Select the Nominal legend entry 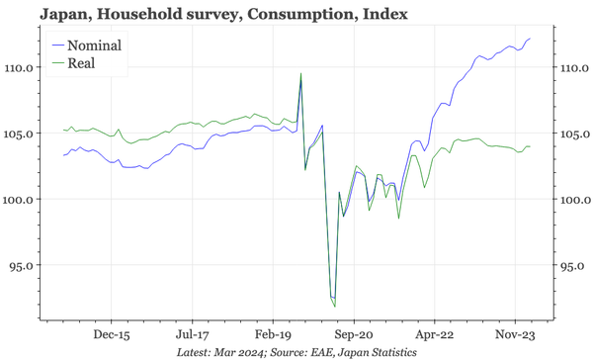88,45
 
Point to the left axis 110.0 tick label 21,67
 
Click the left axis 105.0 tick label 21,134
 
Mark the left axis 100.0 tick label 21,200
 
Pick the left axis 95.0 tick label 24,266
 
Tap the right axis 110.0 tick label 574,67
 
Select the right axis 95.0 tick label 571,266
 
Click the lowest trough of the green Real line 335,307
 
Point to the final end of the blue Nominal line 531,39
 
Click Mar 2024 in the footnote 243,351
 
